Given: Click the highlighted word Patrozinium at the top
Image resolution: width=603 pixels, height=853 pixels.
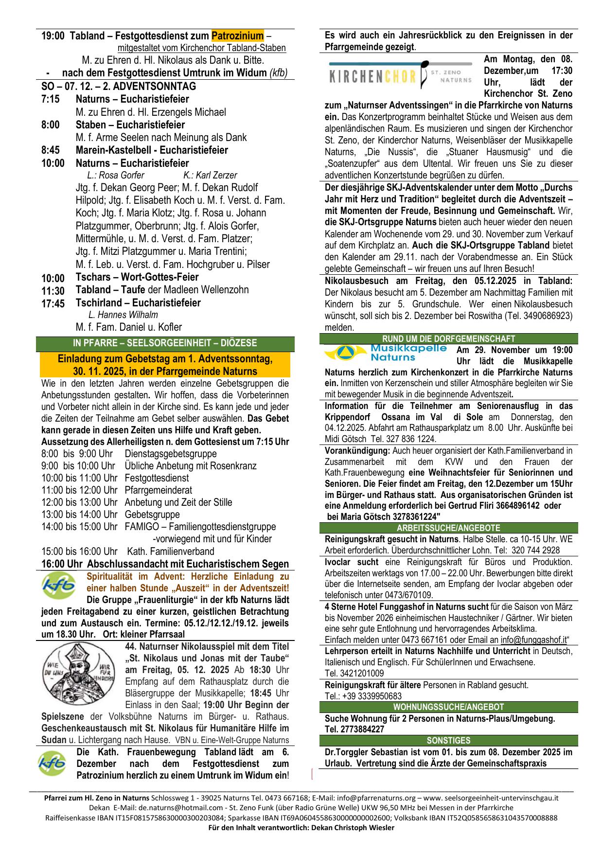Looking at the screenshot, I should click(238, 36).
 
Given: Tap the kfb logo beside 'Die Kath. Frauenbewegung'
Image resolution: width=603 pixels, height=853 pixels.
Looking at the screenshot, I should click(52, 764).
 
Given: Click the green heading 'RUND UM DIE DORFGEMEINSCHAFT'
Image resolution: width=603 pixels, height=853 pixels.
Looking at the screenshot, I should click(448, 339).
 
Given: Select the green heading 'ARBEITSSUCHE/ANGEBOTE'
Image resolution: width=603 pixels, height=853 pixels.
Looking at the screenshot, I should click(448, 528).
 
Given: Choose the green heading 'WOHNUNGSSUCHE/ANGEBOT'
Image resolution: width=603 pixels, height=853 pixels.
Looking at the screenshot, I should click(448, 707).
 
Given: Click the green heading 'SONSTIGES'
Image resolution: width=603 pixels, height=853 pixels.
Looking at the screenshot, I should click(448, 741).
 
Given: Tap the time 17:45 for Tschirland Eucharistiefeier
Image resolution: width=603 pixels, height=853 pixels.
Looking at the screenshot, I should click(53, 304).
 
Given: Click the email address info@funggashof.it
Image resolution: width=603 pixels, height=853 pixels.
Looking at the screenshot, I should click(533, 640).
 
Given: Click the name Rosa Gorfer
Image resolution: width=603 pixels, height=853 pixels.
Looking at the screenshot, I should click(116, 176).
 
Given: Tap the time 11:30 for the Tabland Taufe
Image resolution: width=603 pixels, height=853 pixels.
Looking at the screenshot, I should click(53, 291).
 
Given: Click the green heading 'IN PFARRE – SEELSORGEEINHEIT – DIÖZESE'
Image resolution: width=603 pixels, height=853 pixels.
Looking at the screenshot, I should click(165, 343).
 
